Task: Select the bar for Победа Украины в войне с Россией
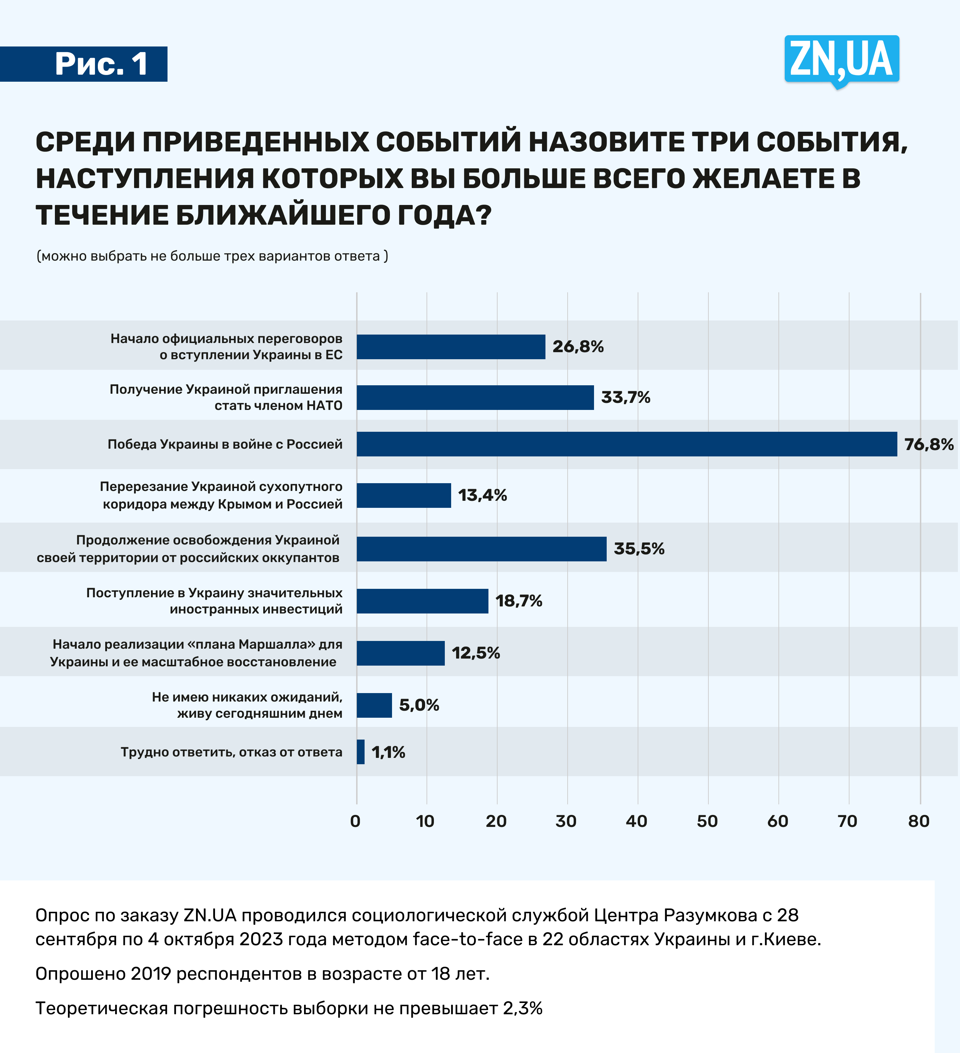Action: (626, 444)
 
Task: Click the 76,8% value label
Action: (929, 444)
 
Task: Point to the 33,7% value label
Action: (625, 398)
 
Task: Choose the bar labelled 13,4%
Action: (404, 495)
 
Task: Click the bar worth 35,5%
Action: (481, 549)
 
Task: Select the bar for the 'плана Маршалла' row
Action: (400, 653)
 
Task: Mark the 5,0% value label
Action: (419, 705)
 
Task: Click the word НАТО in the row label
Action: (324, 406)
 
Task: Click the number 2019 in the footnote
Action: (151, 974)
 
